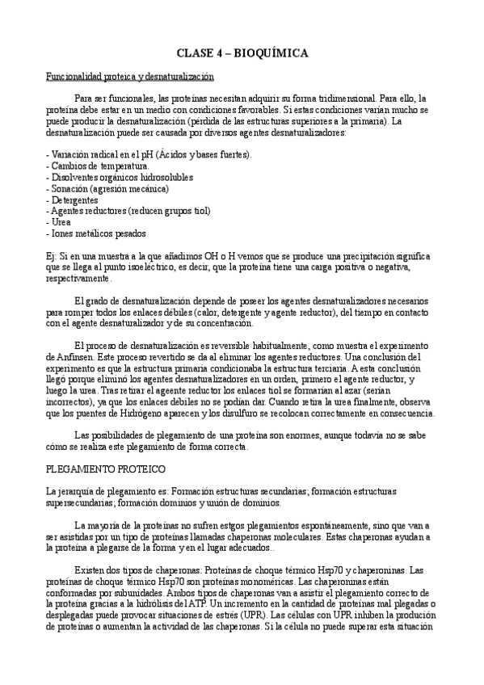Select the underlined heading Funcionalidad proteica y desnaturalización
coord(128,76)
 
